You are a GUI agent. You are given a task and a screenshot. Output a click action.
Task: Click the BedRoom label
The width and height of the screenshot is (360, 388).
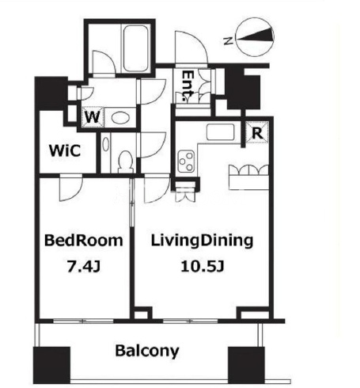tap(84, 241)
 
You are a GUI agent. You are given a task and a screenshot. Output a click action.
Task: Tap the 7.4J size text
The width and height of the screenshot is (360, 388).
tap(84, 266)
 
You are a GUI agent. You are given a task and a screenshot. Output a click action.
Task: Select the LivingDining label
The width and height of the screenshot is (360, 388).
tap(202, 242)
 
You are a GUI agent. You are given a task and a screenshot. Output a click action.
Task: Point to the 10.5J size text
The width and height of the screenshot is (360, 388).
tap(203, 266)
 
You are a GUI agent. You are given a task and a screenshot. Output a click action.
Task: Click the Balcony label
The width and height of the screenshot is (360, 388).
tap(147, 352)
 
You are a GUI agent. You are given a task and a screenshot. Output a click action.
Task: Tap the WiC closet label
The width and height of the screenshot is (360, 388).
tap(65, 150)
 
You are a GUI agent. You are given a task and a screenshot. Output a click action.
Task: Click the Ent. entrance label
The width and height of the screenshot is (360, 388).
tap(188, 86)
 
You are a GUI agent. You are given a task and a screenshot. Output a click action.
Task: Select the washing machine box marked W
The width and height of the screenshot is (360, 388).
tap(93, 117)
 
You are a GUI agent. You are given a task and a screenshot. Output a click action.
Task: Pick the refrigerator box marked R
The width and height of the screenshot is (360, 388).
tap(257, 132)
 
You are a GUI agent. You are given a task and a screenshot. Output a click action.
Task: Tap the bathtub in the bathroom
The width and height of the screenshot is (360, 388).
tap(136, 48)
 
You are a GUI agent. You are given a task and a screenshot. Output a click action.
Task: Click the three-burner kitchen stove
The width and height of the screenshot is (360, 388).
tap(186, 161)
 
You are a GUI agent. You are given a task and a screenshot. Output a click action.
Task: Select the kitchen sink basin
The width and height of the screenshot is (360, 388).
tap(221, 132)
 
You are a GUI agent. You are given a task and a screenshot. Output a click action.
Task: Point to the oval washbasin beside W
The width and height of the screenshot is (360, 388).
tap(120, 117)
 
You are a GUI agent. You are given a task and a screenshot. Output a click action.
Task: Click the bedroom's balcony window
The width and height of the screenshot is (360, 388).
tap(83, 321)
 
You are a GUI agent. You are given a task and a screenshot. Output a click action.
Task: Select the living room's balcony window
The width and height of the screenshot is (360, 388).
tap(191, 321)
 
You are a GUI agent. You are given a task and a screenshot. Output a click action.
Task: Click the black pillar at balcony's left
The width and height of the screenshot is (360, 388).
tap(51, 365)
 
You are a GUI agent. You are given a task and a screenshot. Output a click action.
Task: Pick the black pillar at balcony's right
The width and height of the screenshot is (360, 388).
tap(246, 365)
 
